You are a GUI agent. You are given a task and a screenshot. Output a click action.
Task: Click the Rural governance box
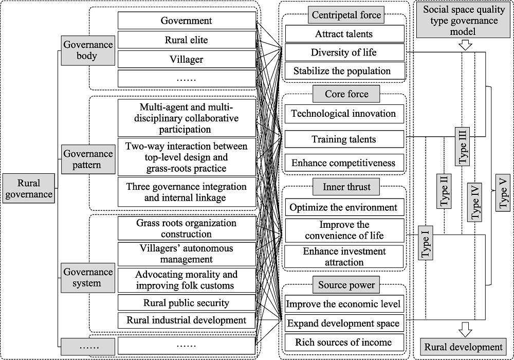[x=29, y=188]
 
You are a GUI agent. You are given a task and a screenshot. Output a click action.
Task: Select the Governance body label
[x=88, y=50]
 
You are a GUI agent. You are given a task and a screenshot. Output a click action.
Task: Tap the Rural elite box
[x=187, y=40]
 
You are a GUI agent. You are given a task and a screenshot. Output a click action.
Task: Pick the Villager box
[x=187, y=59]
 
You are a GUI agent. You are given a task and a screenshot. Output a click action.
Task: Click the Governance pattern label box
[x=88, y=159]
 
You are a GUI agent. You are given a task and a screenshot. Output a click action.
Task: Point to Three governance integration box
[x=187, y=192]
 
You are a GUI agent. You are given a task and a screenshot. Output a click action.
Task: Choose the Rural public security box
[x=187, y=302]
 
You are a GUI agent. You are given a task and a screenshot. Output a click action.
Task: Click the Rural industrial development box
[x=187, y=320]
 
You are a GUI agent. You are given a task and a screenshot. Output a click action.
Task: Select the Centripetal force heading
[x=346, y=15]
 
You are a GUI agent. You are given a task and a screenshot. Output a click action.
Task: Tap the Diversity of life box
[x=344, y=52]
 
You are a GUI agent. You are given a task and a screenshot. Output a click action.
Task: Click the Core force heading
[x=346, y=94]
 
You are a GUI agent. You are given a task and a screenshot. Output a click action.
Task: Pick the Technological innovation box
[x=344, y=114]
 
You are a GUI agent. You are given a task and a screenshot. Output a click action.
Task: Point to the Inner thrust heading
[x=346, y=187]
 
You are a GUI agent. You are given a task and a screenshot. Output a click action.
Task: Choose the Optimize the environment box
[x=344, y=207]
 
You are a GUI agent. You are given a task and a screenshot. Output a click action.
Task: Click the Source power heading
[x=346, y=285]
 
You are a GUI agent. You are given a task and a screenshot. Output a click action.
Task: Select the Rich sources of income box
[x=344, y=343]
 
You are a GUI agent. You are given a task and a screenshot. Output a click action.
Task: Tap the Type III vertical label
[x=462, y=147]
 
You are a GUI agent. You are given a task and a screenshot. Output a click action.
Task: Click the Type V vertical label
[x=503, y=193]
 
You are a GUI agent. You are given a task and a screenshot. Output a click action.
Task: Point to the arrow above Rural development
[x=466, y=330]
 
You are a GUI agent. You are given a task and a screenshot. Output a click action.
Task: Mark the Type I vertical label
[x=425, y=243]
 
